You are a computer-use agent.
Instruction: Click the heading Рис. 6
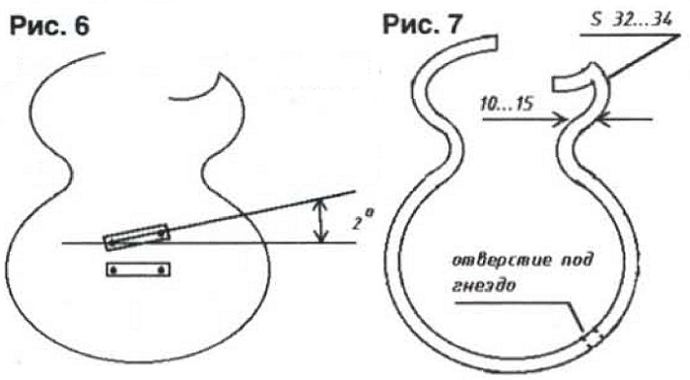click(49, 26)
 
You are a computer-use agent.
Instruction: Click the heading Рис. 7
click(422, 24)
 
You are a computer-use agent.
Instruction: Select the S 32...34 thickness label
click(632, 20)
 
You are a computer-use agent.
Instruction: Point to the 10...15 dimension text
click(507, 105)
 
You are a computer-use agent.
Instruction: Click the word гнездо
click(484, 285)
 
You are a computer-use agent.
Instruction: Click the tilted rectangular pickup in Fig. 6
click(136, 237)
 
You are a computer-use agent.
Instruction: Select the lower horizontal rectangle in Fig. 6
click(138, 269)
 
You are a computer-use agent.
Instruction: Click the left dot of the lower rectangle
click(114, 269)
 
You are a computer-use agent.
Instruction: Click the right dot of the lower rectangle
click(163, 269)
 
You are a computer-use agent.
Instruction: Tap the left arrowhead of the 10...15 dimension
click(560, 119)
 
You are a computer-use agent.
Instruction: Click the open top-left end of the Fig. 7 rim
click(497, 42)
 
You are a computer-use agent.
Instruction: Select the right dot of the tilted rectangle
click(163, 234)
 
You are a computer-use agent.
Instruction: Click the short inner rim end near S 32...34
click(554, 85)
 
